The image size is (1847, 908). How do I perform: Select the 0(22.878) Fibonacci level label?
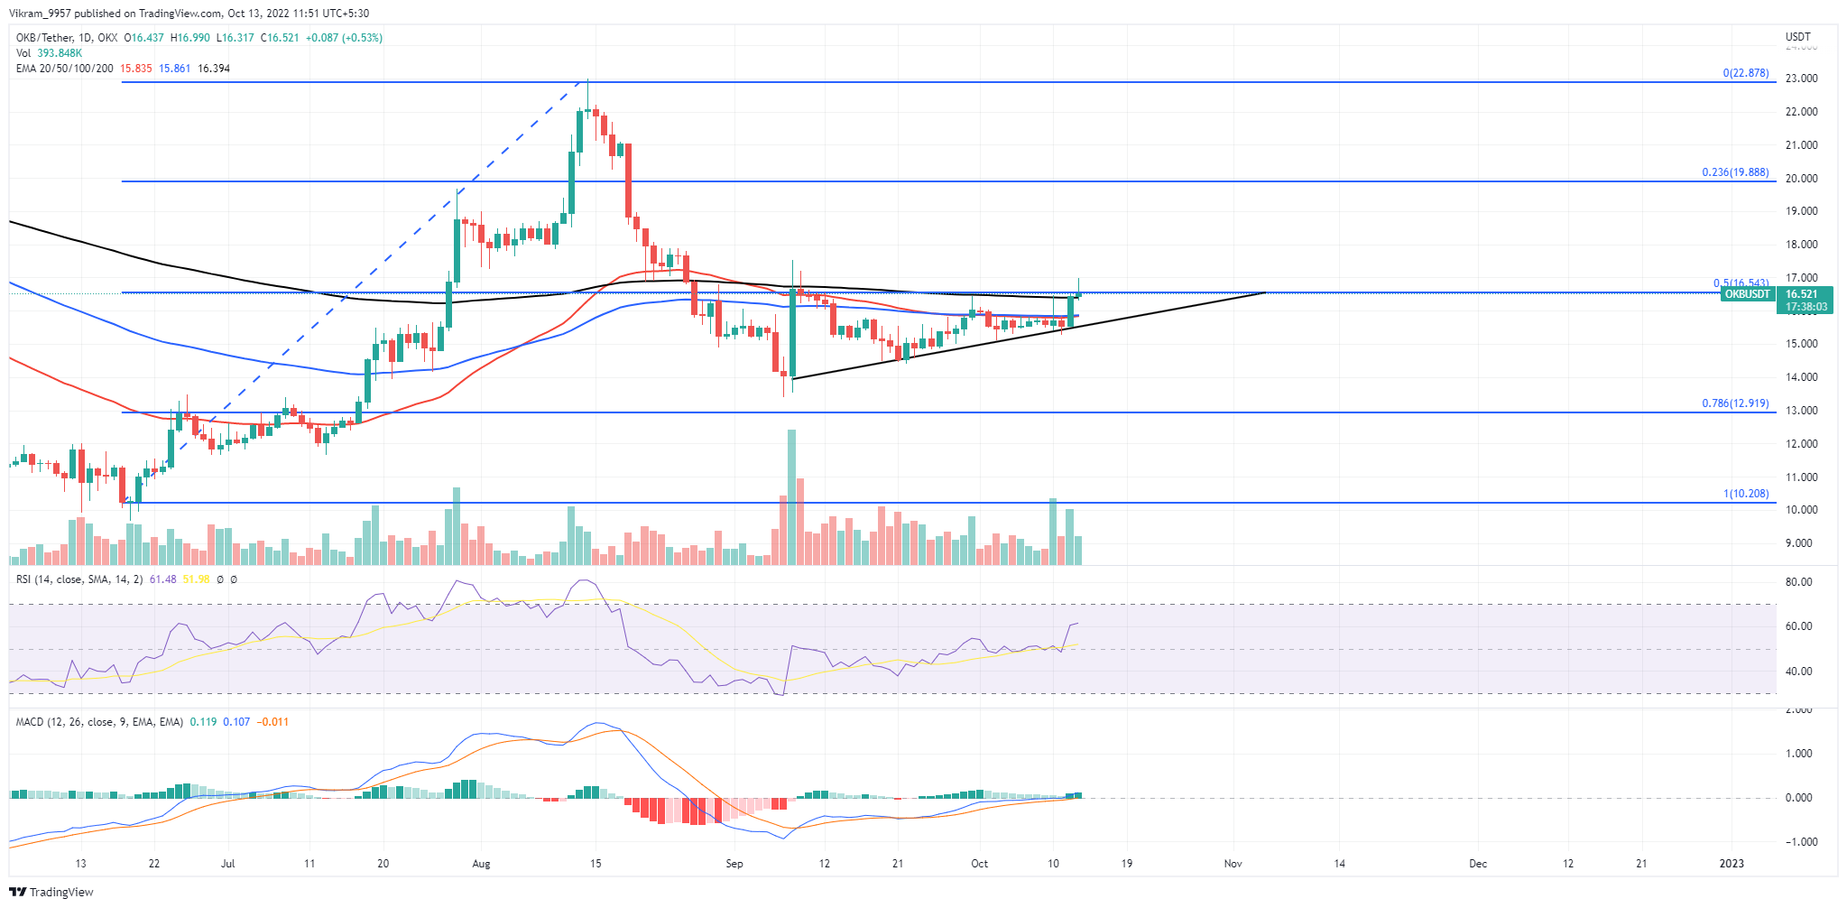(1745, 73)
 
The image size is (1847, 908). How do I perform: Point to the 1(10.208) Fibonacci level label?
(1745, 494)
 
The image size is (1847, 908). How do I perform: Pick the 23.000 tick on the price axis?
(1801, 79)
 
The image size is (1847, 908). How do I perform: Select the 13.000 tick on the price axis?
(1801, 411)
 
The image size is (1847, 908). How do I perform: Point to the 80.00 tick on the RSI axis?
(1798, 582)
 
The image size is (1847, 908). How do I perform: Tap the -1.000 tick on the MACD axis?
(1797, 842)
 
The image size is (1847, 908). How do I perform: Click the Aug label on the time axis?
(481, 864)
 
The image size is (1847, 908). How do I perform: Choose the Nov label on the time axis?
(1233, 864)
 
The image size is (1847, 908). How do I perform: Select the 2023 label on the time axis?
(1732, 864)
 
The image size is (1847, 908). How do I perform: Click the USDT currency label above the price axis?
(1797, 37)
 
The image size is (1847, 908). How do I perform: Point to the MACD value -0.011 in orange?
(272, 722)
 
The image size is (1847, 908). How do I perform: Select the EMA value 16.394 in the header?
(214, 69)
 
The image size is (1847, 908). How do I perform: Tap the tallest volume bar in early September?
(791, 496)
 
